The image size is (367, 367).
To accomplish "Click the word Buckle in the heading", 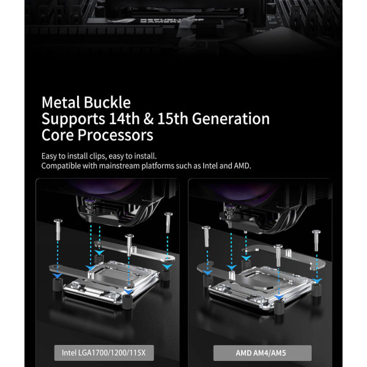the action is [x=107, y=103].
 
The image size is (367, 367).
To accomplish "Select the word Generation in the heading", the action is [x=231, y=119].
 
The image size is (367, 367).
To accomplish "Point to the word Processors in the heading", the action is [x=115, y=135].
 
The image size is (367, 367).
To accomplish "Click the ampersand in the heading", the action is [x=149, y=119].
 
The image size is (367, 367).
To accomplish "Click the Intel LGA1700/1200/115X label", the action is [x=104, y=353].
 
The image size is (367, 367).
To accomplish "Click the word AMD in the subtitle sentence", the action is [x=242, y=166].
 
